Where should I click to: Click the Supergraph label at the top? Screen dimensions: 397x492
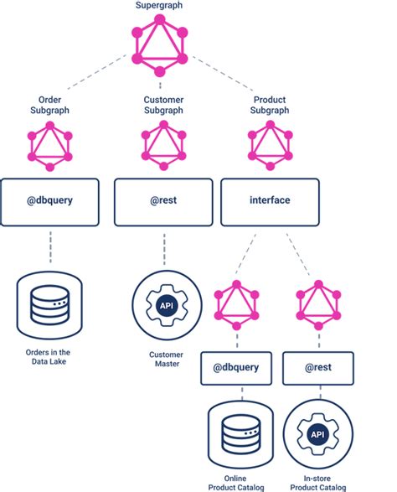pos(159,5)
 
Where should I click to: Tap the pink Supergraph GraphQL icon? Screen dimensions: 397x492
pos(160,46)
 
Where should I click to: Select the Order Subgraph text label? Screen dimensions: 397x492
pos(49,105)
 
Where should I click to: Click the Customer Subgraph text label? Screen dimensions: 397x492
pos(163,105)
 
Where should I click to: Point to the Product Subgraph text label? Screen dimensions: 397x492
pos(270,105)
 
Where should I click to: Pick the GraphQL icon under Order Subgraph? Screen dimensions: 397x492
pos(50,146)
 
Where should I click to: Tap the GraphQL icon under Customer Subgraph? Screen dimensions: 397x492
pos(163,146)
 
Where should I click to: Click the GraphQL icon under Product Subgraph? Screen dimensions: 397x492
pos(270,146)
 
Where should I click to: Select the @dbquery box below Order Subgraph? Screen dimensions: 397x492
pos(49,202)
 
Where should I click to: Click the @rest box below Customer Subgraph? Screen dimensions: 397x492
pos(163,202)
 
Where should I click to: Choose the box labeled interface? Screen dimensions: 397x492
pos(270,202)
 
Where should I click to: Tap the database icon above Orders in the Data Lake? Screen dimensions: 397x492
pos(49,306)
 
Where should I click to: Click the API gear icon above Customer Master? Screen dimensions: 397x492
pos(167,305)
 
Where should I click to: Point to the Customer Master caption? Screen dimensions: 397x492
pos(167,360)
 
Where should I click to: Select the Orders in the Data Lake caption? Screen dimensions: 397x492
pos(49,357)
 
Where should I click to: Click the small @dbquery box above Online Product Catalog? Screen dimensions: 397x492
pos(236,368)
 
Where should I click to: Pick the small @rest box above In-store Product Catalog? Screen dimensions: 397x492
pos(318,368)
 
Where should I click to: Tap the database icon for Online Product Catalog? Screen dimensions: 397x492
pos(240,434)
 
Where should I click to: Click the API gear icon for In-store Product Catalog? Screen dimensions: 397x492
pos(318,434)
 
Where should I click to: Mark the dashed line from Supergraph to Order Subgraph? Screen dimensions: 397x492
pos(96,72)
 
